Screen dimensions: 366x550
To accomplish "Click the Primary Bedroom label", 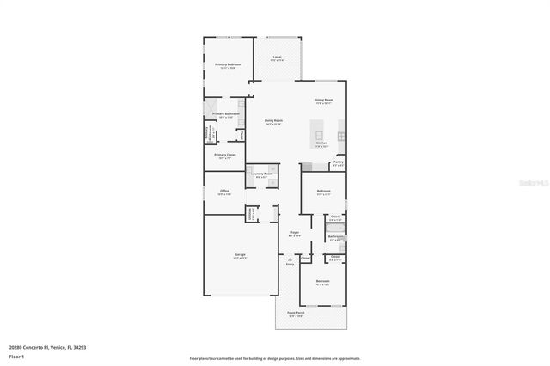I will [x=228, y=65].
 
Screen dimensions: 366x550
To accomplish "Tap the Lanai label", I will [x=277, y=58].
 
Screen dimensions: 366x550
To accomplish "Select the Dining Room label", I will [x=323, y=101].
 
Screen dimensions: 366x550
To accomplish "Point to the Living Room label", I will [x=273, y=121].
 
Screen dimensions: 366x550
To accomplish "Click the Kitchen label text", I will [x=321, y=143].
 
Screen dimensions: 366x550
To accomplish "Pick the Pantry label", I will [x=338, y=162].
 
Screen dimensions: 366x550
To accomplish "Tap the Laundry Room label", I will [x=262, y=174].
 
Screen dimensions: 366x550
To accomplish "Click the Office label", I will [x=223, y=191].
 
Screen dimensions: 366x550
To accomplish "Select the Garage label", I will [x=241, y=255].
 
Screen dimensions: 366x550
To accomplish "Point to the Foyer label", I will [x=294, y=232].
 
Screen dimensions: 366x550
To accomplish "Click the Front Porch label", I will [x=295, y=314].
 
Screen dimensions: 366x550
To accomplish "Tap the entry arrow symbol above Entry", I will [x=290, y=259].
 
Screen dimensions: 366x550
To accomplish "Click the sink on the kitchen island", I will [x=320, y=135].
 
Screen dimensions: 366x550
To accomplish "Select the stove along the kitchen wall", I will [x=342, y=137].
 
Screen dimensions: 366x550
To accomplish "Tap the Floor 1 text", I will [x=17, y=356].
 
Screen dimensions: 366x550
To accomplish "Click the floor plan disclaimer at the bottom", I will [x=275, y=357].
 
